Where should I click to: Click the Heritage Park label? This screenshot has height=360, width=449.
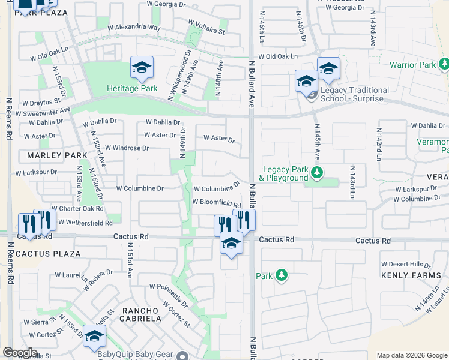coord(132,89)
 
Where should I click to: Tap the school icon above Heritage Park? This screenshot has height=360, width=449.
coord(142,68)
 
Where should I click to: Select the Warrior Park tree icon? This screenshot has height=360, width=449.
coord(444,64)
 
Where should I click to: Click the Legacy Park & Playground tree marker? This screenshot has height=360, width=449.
coord(318,174)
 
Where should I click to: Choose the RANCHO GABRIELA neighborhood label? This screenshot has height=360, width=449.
coord(142,314)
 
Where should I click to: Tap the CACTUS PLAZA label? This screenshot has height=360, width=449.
coord(48,254)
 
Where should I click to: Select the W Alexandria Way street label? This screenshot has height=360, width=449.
coord(133,28)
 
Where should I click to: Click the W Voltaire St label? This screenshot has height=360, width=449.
coord(206,26)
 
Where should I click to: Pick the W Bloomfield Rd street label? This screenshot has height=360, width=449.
coord(216,202)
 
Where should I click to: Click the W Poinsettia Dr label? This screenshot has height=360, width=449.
coord(169,295)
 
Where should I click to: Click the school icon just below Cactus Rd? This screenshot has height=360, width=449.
coord(231,244)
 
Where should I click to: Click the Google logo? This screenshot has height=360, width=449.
coord(20,353)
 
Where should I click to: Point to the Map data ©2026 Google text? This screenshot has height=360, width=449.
coord(411,355)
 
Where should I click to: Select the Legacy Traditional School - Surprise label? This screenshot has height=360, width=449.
coord(354,94)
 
